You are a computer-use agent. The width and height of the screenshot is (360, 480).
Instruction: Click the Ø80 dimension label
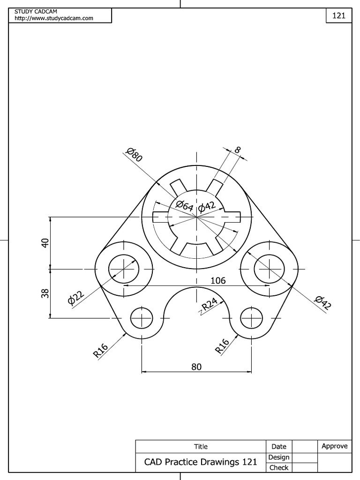tap(135, 155)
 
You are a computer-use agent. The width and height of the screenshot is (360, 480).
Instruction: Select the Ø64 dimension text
tap(184, 205)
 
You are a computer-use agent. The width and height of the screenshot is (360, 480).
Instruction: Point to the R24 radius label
tap(210, 305)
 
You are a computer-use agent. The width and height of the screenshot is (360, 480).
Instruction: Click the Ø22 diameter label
tap(75, 298)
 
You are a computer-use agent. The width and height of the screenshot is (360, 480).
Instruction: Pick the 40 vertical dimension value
tap(45, 243)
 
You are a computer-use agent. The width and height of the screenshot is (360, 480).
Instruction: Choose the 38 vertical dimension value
tap(45, 294)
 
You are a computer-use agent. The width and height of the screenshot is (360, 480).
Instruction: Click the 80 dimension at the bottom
tap(196, 367)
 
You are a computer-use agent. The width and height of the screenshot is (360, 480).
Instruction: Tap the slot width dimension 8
tap(238, 150)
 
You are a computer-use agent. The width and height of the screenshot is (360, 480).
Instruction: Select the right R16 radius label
tap(222, 345)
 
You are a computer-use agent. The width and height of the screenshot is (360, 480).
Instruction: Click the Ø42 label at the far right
tap(323, 303)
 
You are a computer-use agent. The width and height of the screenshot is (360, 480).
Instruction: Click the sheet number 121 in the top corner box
tap(338, 15)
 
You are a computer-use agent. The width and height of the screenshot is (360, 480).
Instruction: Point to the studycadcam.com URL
tap(54, 18)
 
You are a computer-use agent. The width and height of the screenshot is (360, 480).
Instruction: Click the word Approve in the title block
tap(335, 446)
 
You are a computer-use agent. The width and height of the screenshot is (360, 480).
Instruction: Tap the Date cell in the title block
tap(279, 447)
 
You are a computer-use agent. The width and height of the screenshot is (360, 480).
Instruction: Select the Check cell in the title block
tap(279, 467)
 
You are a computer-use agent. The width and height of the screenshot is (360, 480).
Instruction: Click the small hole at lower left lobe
tap(142, 319)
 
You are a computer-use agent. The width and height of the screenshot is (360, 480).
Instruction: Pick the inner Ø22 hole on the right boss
tap(269, 270)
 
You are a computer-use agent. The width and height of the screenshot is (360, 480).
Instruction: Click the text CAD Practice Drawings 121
tap(201, 462)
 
